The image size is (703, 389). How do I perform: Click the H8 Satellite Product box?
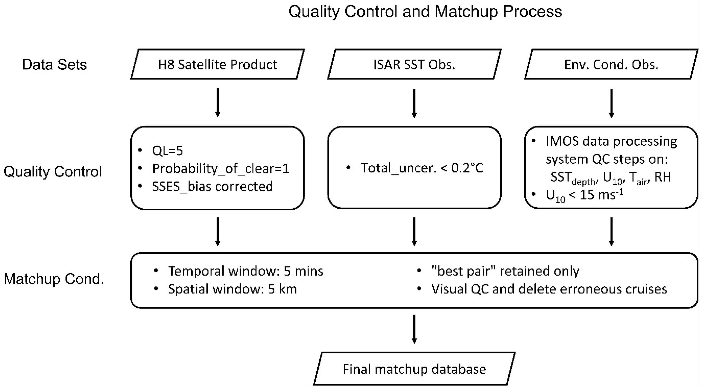coord(217,65)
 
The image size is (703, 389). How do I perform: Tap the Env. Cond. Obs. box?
coord(611,65)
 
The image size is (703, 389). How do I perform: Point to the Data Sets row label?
coord(54,65)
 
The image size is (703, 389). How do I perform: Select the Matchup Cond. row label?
coord(54,279)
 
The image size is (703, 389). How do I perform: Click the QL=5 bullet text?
coord(167,151)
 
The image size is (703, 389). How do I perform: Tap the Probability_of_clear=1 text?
coord(220,168)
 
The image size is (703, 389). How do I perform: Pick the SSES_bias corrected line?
coord(212,186)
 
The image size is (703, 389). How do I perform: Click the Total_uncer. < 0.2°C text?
coord(422,168)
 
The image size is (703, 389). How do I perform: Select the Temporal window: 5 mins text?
coord(245,271)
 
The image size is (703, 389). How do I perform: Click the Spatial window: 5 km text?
coord(232,289)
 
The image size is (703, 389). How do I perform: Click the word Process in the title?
coord(532,12)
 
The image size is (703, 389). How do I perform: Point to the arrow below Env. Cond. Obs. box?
coord(611,103)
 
